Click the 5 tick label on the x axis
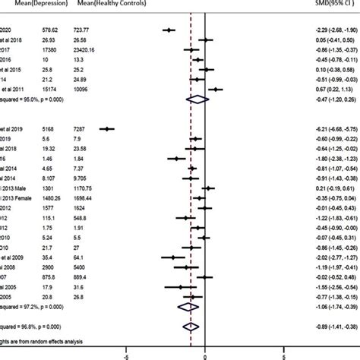(x=283, y=352)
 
